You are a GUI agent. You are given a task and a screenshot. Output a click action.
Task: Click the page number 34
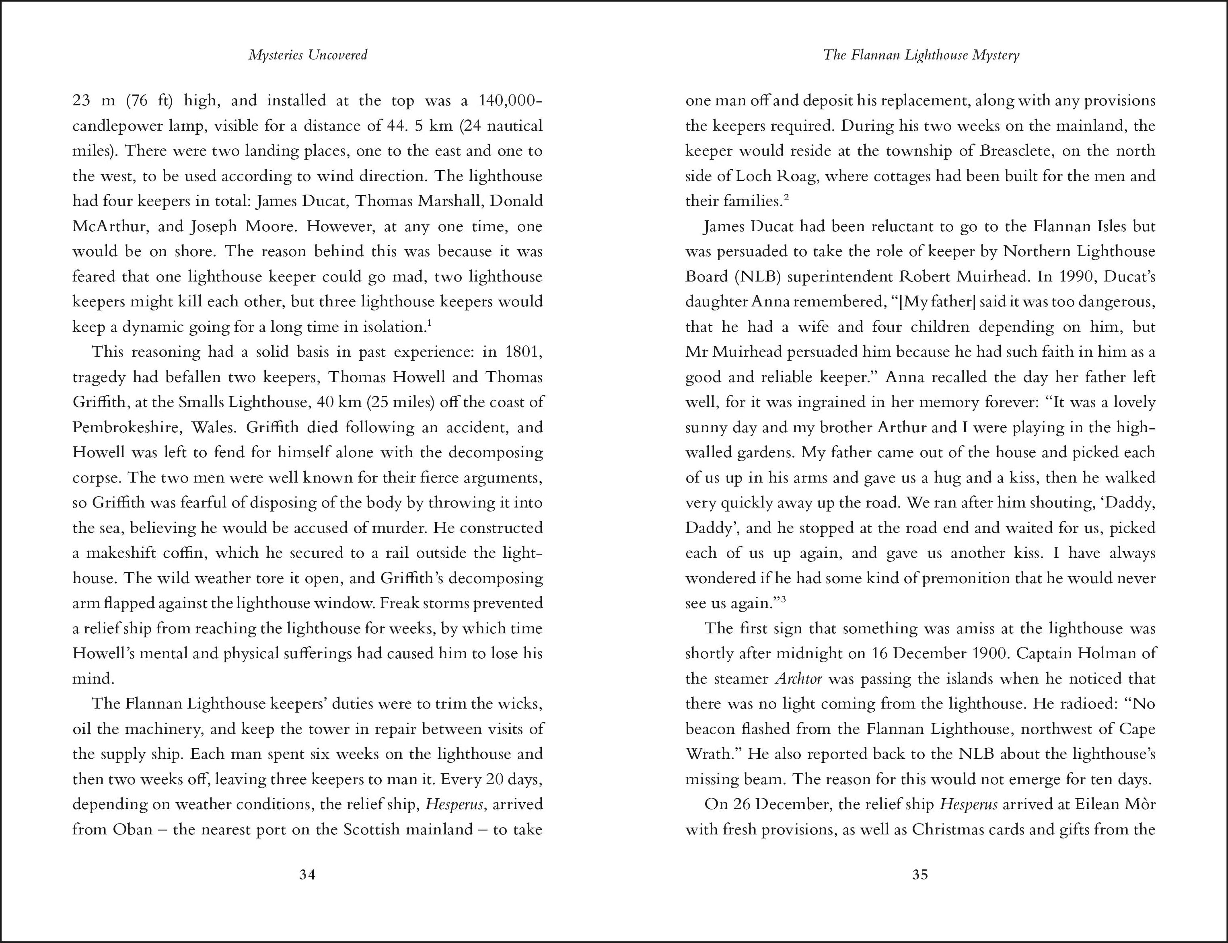pos(307,875)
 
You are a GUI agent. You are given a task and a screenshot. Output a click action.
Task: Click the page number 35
pos(920,875)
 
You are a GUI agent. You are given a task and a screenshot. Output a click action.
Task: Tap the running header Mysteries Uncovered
pos(308,55)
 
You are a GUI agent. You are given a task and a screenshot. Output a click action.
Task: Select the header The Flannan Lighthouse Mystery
pos(921,55)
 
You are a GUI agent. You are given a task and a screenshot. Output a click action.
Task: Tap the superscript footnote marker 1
pos(429,323)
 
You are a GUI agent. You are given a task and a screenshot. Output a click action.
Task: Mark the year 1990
pos(1078,277)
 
